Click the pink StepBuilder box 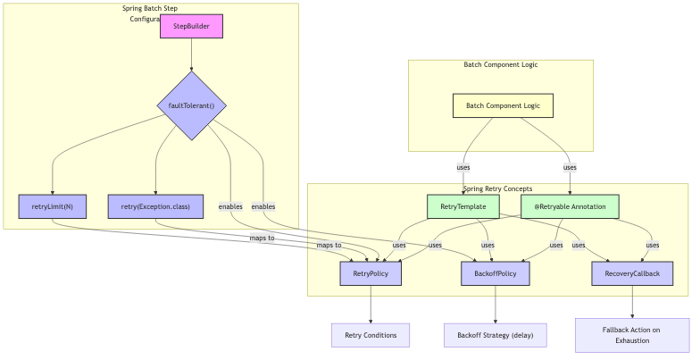point(191,27)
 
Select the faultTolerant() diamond point(191,105)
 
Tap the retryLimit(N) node point(53,206)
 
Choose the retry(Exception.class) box point(155,206)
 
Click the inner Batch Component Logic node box point(503,105)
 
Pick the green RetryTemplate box point(462,206)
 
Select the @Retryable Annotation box point(570,206)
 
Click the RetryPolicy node point(371,273)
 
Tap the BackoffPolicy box point(496,273)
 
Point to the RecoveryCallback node point(632,273)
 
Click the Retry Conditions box point(371,335)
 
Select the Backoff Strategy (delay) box point(496,335)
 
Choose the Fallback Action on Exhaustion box point(632,335)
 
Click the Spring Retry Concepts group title point(497,189)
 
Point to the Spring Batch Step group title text point(150,9)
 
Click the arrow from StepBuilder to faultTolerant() point(191,54)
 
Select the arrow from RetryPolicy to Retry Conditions point(371,304)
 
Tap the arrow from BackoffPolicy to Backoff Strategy point(496,304)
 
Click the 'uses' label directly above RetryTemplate point(462,167)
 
